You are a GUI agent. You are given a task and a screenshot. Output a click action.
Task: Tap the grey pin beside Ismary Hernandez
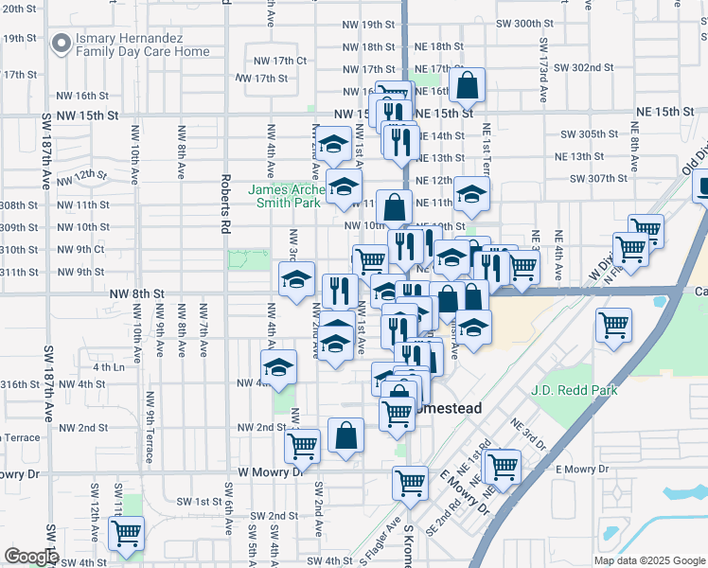[62, 43]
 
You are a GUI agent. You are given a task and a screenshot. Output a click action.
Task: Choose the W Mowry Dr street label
[271, 470]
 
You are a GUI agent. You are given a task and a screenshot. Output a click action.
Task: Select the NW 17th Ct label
[280, 60]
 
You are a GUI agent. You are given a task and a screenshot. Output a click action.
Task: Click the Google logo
[31, 557]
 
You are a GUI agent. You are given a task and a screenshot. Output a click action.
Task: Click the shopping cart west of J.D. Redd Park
[614, 326]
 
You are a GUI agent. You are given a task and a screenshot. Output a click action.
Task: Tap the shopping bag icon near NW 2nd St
[345, 436]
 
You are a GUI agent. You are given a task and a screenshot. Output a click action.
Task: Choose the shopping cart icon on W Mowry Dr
[302, 444]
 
